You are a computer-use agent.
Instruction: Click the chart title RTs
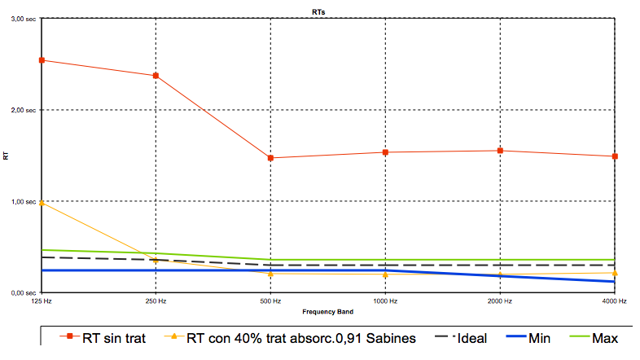point(320,11)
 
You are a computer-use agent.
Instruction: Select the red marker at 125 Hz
point(42,60)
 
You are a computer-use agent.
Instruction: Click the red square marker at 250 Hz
point(156,76)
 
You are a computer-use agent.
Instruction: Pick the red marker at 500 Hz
point(270,158)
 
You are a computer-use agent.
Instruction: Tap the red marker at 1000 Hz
point(385,152)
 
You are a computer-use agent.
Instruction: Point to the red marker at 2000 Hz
point(500,151)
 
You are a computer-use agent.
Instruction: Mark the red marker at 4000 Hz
point(615,156)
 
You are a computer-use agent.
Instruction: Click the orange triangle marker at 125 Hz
point(42,203)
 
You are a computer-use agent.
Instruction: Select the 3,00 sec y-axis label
point(22,19)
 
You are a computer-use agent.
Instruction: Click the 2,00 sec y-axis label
point(22,110)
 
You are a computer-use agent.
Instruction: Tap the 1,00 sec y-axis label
point(22,201)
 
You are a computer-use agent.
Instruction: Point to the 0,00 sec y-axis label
point(22,292)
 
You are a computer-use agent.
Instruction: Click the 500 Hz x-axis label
point(270,302)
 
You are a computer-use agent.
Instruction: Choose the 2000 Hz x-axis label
point(500,302)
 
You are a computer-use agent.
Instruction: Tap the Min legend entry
point(533,338)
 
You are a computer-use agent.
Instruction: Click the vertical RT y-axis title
point(7,156)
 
